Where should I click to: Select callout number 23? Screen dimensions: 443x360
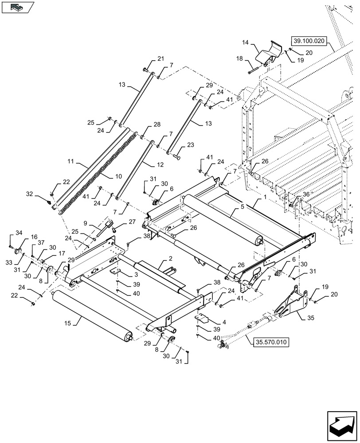191,144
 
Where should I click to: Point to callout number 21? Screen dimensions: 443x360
160,59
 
